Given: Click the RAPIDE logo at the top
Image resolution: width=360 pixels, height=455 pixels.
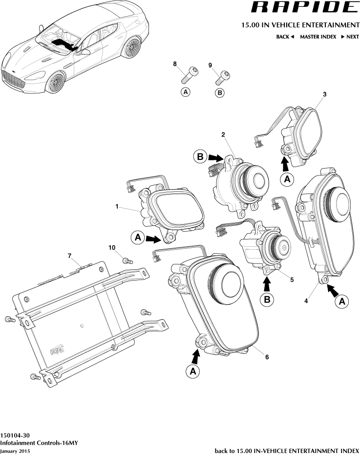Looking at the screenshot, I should click(303, 7).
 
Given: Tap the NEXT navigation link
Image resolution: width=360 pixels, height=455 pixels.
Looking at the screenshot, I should click(350, 37).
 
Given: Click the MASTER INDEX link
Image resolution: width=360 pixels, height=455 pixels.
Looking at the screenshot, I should click(318, 37).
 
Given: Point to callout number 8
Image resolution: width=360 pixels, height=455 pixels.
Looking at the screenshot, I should click(175, 64).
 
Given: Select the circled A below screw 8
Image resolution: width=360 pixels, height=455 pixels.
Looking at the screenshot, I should click(185, 92).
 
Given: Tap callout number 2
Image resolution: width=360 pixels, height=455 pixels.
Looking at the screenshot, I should click(223, 134).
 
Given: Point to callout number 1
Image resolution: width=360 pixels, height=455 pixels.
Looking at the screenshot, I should click(117, 207).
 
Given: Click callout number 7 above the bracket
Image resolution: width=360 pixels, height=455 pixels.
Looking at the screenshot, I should click(70, 256).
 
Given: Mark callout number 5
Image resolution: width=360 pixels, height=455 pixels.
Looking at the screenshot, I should click(292, 280).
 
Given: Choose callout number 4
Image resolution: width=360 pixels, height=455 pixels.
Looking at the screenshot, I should click(306, 301).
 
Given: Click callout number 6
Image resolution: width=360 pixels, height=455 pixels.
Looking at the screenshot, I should click(267, 357).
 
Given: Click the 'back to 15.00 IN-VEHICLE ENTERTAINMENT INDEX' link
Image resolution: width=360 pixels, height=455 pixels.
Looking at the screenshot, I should click(287, 450).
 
